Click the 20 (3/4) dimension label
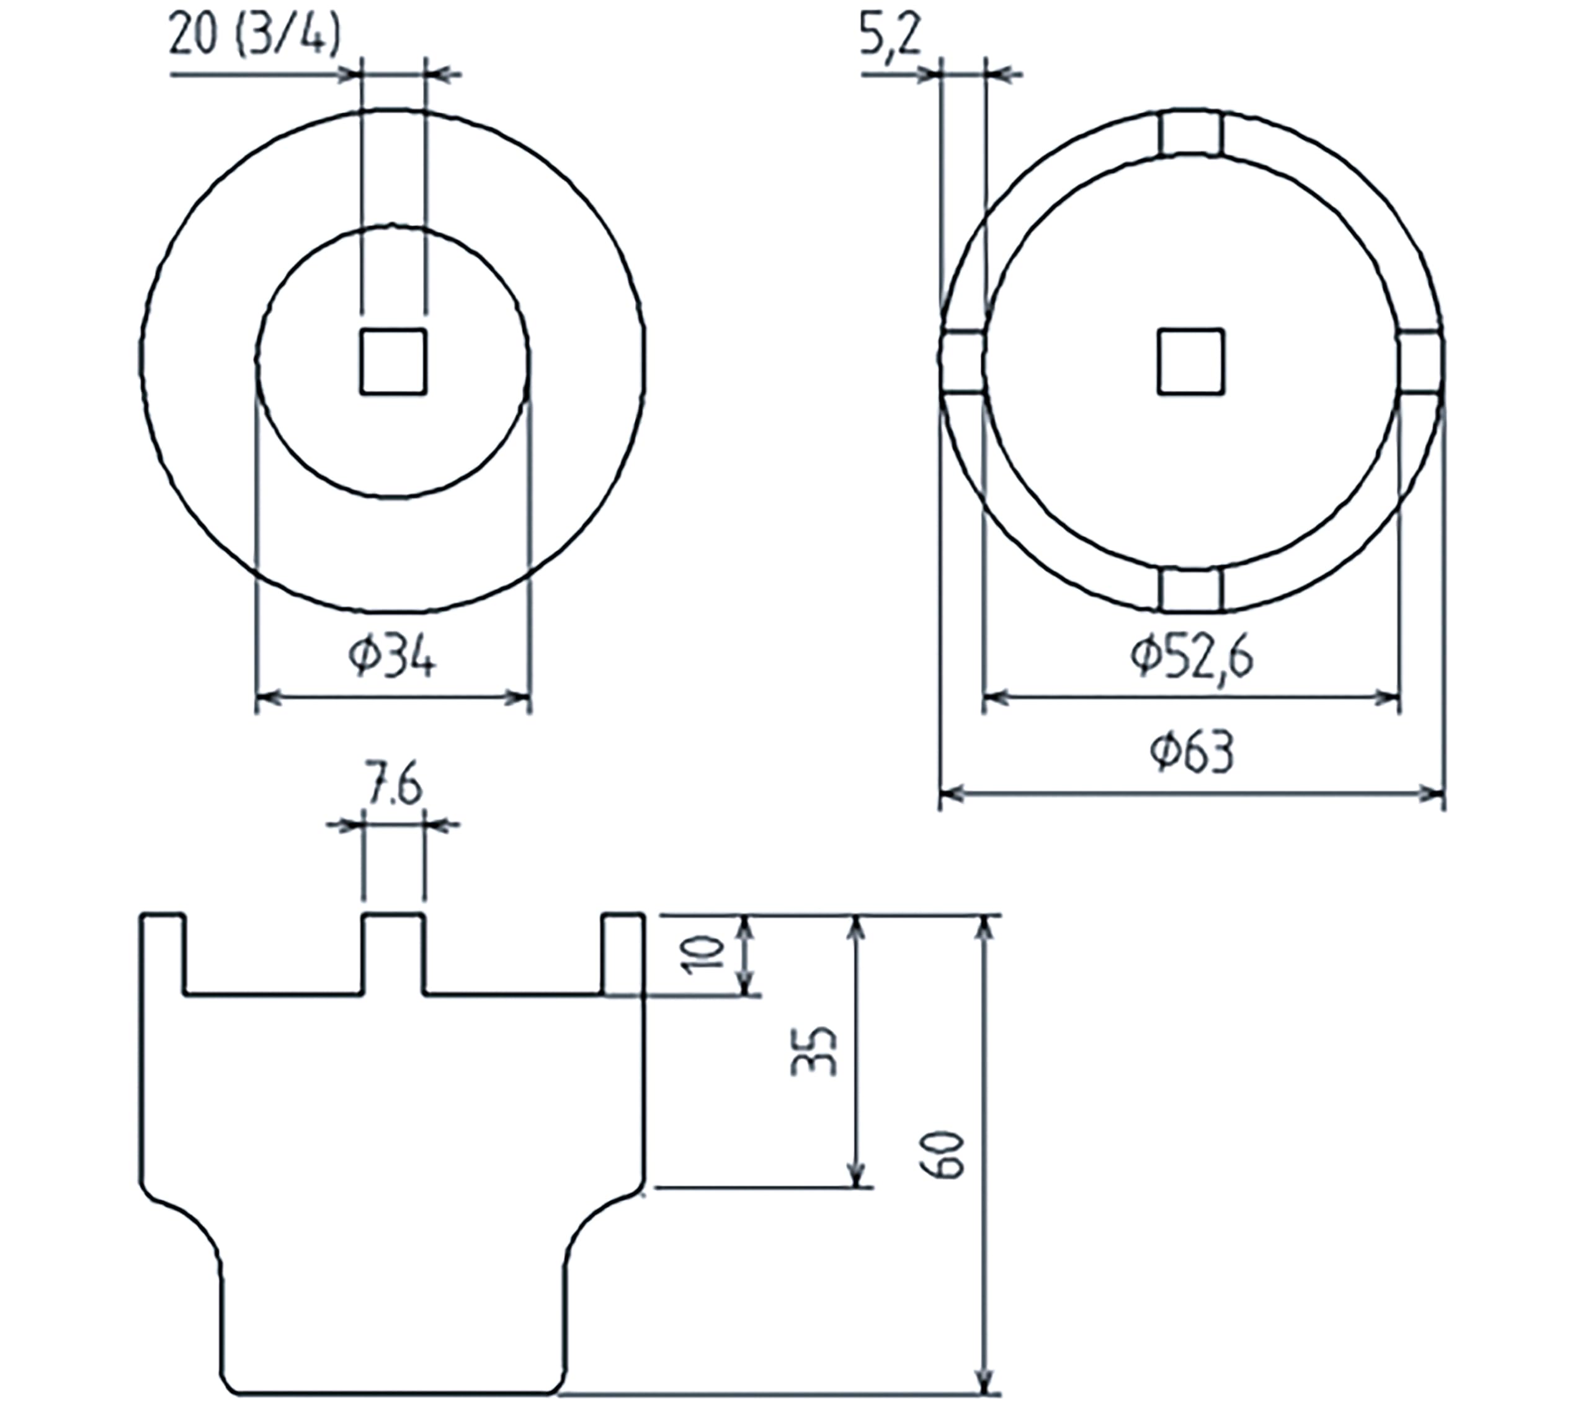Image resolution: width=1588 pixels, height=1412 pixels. [255, 36]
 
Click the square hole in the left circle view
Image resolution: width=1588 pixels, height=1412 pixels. [393, 361]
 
